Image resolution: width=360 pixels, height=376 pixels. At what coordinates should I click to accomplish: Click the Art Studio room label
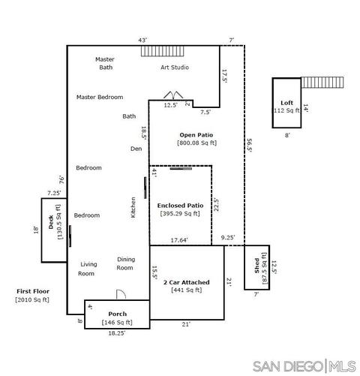click(x=175, y=68)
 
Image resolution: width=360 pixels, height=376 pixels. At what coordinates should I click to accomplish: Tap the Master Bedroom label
click(x=100, y=97)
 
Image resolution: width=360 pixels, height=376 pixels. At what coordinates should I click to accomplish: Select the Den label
click(x=136, y=149)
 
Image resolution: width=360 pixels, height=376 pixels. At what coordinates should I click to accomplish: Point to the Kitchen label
click(x=133, y=207)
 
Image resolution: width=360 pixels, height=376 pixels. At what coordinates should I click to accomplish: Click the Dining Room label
click(x=125, y=263)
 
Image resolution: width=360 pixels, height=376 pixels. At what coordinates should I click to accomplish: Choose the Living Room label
click(x=88, y=269)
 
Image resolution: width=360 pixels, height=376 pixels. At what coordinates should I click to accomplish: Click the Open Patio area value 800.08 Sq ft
click(x=196, y=143)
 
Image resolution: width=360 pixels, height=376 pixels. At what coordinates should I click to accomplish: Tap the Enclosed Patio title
click(x=180, y=206)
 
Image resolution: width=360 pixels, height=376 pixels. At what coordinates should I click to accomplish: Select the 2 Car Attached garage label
click(x=187, y=282)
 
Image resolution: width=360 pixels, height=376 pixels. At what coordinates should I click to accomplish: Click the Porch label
click(x=118, y=314)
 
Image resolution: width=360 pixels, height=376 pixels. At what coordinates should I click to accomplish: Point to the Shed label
click(x=256, y=266)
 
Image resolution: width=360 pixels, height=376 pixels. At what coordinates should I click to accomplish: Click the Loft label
click(x=286, y=103)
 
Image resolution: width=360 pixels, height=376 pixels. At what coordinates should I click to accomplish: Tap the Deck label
click(x=51, y=222)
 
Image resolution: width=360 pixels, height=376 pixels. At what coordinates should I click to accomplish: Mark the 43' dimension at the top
click(x=142, y=41)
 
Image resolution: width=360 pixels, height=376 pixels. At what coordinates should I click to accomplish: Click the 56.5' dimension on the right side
click(x=249, y=146)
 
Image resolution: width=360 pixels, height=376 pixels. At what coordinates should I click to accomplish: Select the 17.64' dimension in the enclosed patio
click(x=179, y=240)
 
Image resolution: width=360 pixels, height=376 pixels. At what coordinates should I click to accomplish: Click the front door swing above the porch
click(x=121, y=294)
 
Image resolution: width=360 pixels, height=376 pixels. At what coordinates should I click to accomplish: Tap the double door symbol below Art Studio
click(x=173, y=95)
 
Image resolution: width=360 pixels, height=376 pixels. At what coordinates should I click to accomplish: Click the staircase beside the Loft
click(x=322, y=83)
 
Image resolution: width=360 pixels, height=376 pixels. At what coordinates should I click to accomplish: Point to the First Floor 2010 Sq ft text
click(x=33, y=296)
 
